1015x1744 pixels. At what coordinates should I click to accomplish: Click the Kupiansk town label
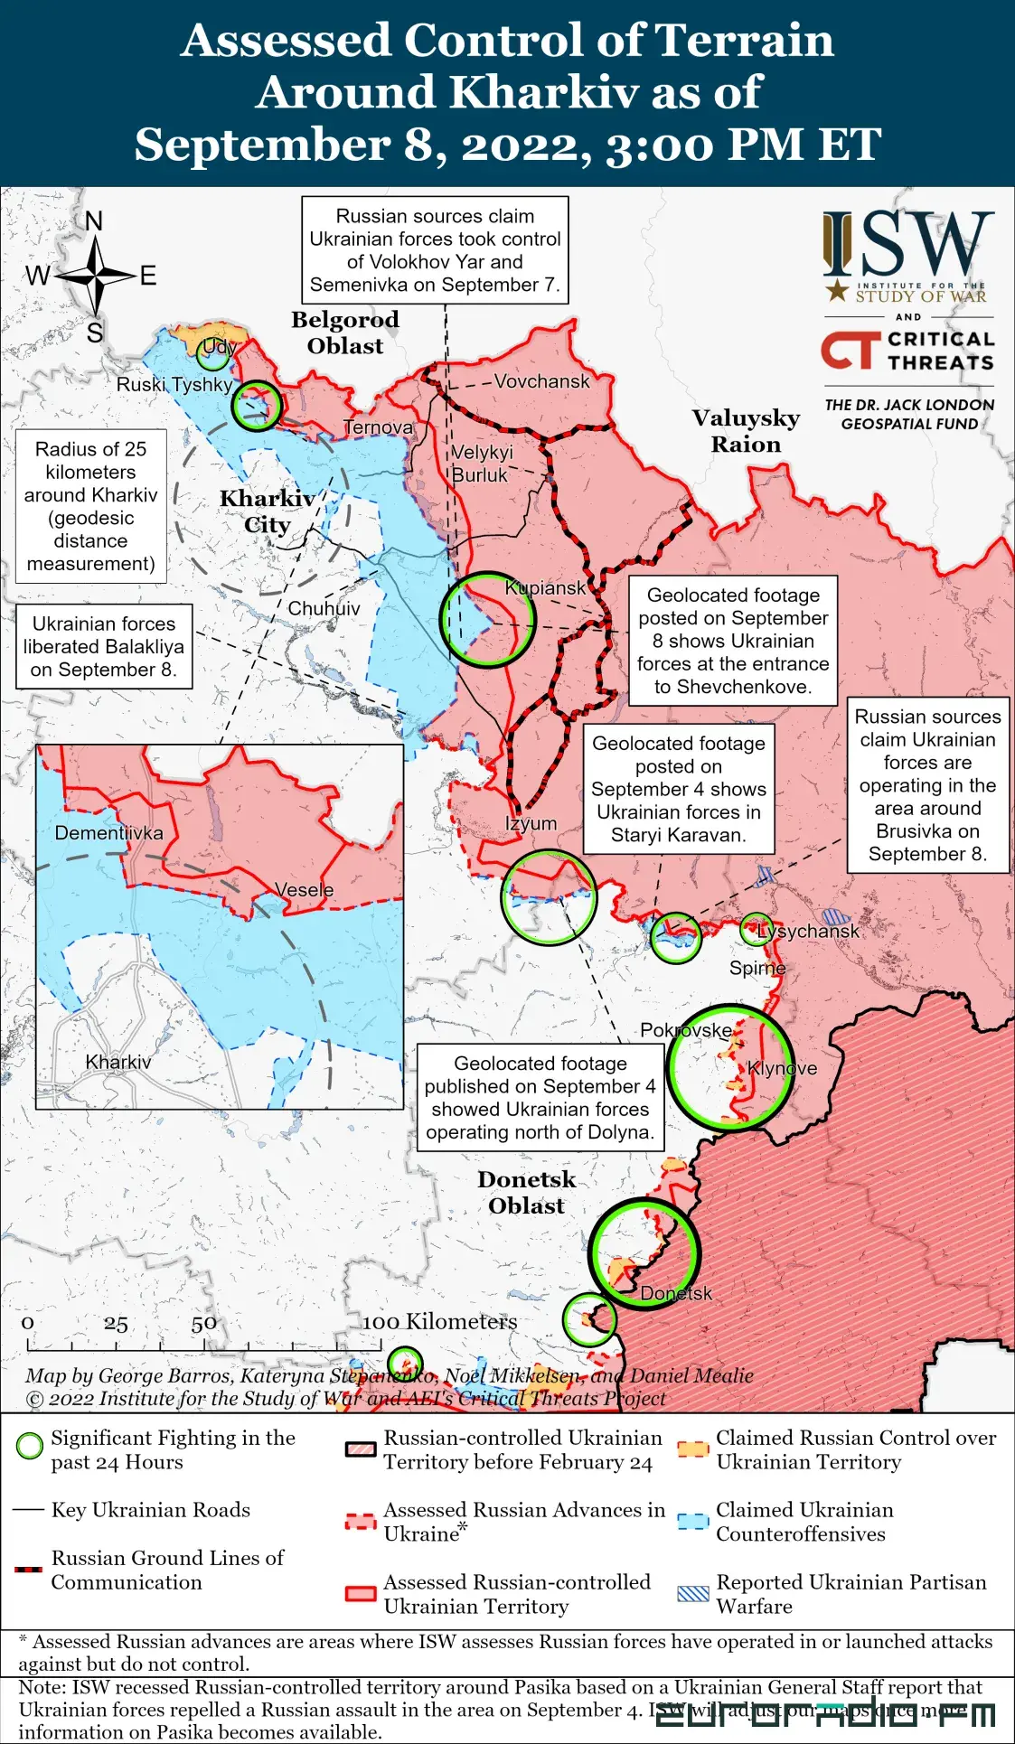545,588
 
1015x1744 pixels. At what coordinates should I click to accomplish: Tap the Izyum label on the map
531,824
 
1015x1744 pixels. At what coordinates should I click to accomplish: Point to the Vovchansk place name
541,381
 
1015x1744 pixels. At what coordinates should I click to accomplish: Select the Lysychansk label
808,931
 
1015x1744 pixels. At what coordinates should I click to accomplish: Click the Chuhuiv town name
324,609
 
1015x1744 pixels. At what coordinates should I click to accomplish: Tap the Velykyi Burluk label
481,464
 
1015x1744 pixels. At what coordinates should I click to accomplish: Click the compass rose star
94,275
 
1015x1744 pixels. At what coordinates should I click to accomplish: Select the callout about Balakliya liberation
104,647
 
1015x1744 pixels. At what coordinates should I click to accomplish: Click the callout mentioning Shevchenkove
732,641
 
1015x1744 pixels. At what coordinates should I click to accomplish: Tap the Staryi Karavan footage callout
678,789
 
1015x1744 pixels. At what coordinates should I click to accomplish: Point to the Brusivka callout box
927,785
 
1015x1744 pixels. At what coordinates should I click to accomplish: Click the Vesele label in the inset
304,890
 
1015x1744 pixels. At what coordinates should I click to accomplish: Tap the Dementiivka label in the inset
108,833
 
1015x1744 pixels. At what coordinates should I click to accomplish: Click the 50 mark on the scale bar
203,1324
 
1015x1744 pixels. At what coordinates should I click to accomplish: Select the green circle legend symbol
30,1446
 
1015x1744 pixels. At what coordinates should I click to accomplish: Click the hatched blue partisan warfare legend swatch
693,1593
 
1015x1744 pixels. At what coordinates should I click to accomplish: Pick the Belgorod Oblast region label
344,333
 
